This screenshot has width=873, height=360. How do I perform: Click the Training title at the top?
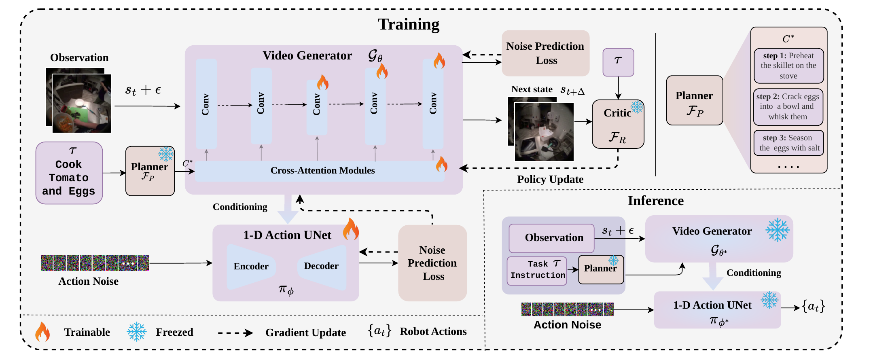(x=409, y=24)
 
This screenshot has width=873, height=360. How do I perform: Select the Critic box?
(x=618, y=124)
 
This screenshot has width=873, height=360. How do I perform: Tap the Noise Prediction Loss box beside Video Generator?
(x=545, y=53)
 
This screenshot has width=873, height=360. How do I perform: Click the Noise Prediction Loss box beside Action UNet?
(x=432, y=263)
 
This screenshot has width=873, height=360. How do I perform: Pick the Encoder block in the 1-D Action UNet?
(x=251, y=266)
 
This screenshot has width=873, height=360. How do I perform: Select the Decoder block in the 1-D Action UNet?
(x=322, y=266)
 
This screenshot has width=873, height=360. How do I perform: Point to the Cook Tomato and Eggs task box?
(x=69, y=173)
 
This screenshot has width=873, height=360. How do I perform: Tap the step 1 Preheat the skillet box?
(x=789, y=66)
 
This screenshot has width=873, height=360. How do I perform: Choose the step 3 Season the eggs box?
(x=789, y=143)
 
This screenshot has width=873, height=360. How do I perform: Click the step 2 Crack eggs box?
(x=788, y=107)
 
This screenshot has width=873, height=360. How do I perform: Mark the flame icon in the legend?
(x=42, y=332)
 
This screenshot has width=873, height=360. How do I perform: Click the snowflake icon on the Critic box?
(x=637, y=107)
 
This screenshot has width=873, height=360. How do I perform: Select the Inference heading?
(x=656, y=201)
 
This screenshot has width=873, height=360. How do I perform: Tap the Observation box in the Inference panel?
(x=551, y=238)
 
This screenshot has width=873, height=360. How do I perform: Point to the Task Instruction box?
(x=537, y=271)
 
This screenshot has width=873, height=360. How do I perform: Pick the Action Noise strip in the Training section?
(x=95, y=263)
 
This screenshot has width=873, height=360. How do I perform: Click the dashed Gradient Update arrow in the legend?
(x=235, y=333)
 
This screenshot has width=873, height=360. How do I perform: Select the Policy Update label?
(x=550, y=179)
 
